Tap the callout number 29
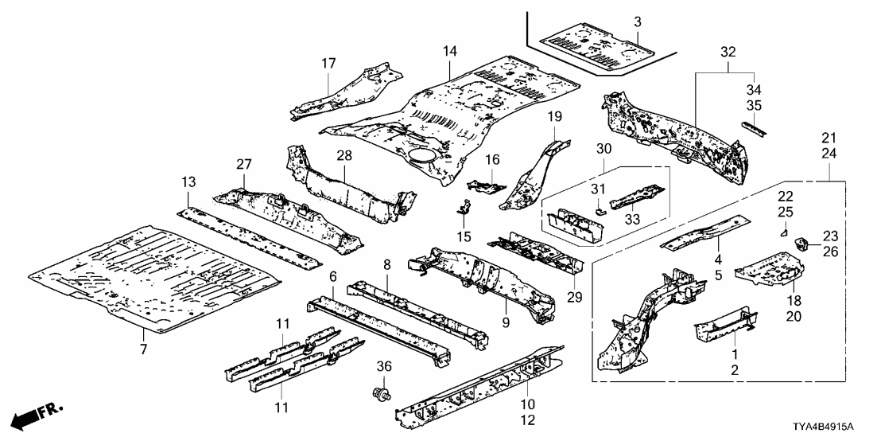[x=575, y=298]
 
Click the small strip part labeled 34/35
[x=755, y=128]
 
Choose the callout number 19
[x=554, y=116]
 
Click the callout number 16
[x=493, y=160]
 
